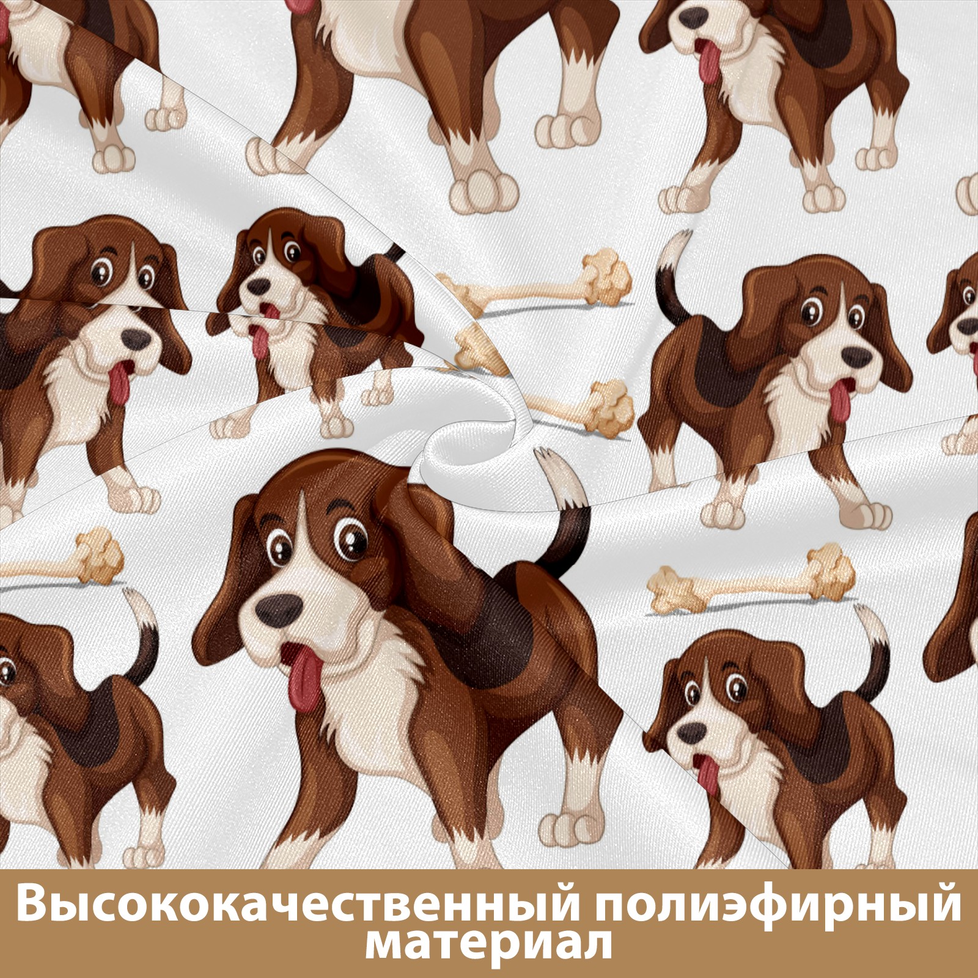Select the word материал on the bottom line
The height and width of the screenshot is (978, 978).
point(488,954)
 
